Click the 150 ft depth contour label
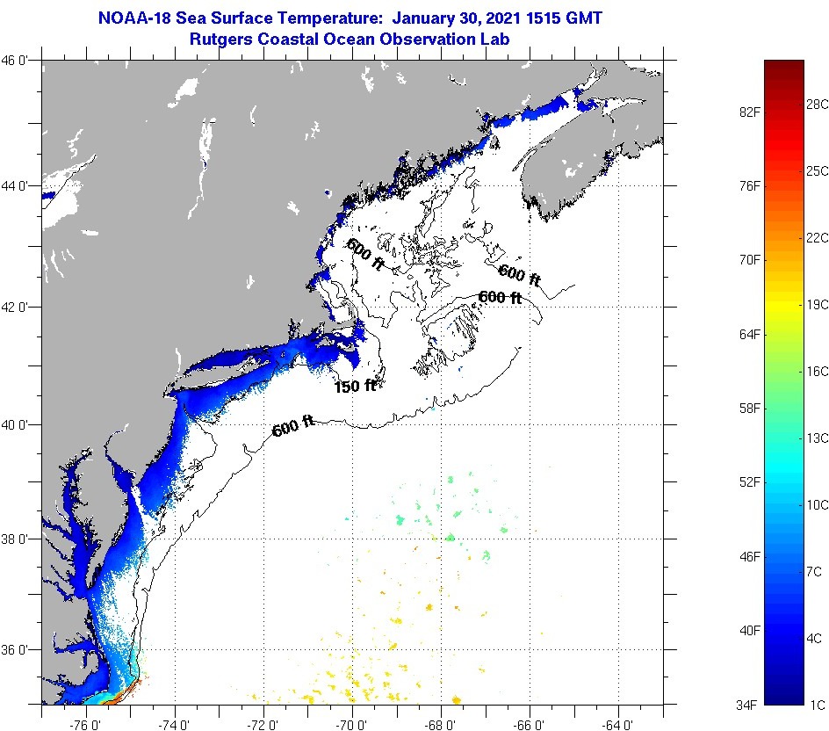[x=355, y=385]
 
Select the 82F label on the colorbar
[x=747, y=112]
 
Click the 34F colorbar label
[x=747, y=705]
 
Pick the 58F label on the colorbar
[x=747, y=409]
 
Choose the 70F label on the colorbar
[x=747, y=260]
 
